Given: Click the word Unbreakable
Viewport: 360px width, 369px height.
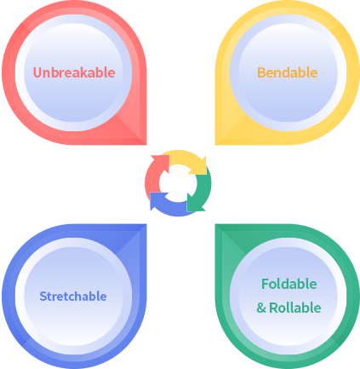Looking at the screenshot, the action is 74,72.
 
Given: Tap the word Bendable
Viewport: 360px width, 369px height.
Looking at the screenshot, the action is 287,72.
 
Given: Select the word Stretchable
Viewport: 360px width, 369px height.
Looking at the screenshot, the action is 73,297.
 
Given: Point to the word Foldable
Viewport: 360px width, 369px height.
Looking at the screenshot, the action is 289,284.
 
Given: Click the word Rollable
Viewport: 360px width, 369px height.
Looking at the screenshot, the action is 295,308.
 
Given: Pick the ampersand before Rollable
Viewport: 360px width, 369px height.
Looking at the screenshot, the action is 261,308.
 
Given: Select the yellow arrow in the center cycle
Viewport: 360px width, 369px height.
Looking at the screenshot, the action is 188,161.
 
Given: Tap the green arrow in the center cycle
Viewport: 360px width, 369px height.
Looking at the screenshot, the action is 200,190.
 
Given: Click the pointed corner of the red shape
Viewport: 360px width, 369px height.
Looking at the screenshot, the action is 146,145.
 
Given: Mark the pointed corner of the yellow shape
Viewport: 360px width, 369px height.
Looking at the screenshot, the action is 215,145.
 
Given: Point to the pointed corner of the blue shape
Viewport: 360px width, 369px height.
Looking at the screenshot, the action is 146,224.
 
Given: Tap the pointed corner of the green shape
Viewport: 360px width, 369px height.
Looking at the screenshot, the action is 215,224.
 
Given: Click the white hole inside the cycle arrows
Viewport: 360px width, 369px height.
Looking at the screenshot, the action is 178,183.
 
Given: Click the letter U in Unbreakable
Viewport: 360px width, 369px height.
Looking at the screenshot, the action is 37,72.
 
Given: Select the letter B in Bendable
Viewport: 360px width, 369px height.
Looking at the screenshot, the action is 261,72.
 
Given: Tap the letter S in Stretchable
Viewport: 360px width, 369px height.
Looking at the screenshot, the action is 43,297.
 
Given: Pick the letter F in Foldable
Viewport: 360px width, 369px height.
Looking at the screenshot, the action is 265,284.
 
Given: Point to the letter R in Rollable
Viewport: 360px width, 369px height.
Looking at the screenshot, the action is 273,308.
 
